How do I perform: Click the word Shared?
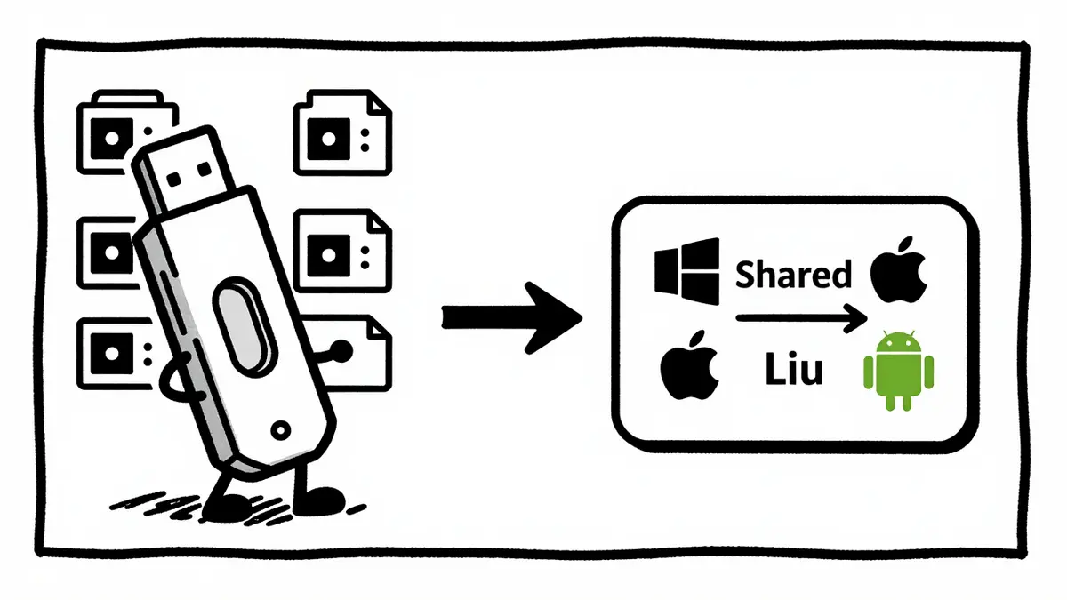pos(793,275)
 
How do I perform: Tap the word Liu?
pos(794,369)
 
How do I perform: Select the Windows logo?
pos(686,271)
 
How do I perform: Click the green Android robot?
pos(898,370)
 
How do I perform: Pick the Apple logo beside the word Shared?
pos(898,270)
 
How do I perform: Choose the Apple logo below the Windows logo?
pos(689,364)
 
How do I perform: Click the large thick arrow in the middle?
pos(512,318)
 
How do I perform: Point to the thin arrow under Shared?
pos(801,318)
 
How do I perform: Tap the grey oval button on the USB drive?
pos(245,327)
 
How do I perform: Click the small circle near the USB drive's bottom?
pos(281,430)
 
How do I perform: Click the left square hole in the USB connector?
pos(173,179)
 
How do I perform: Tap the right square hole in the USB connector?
pos(205,169)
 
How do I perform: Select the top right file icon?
pos(342,132)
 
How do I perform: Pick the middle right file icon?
pos(342,251)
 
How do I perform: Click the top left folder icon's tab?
pos(128,97)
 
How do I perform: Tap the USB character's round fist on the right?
pos(341,351)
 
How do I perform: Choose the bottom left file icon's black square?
pos(112,354)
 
